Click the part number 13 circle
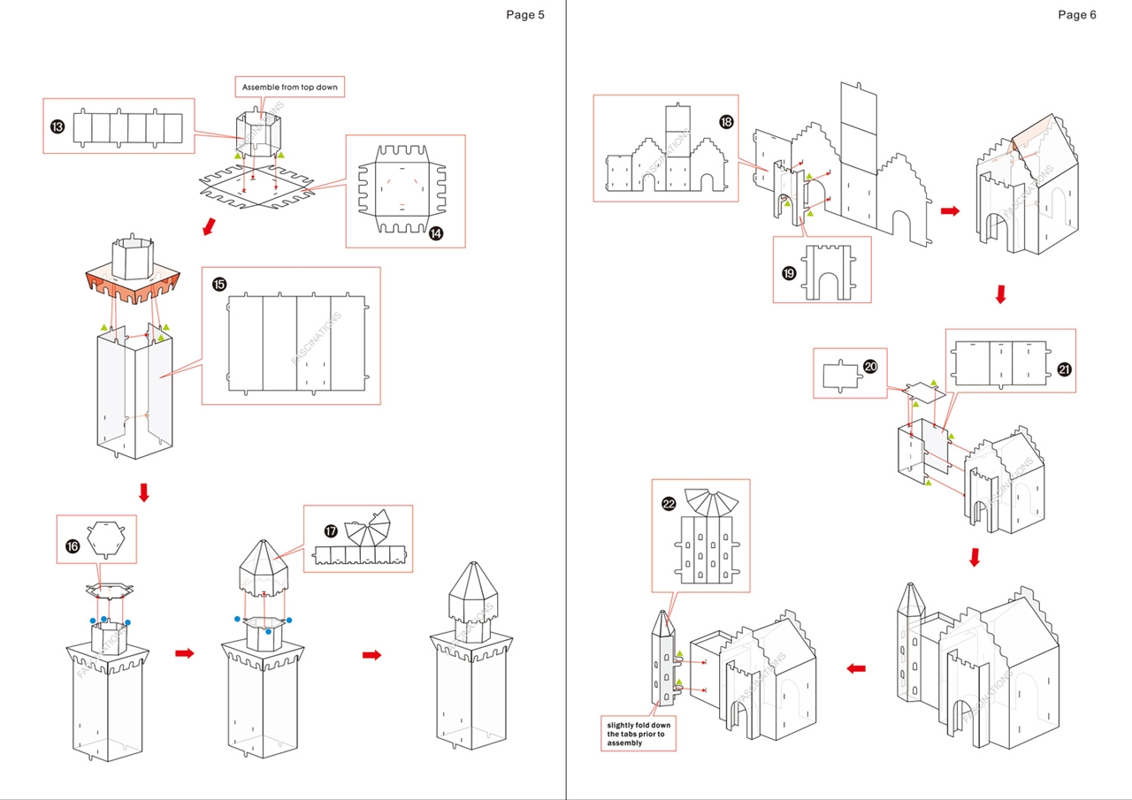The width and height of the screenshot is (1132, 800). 57,127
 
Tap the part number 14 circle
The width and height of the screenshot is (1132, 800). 436,233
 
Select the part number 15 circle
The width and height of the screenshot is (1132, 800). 219,284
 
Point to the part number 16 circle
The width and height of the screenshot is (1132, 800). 73,546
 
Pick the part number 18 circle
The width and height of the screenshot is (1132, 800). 726,122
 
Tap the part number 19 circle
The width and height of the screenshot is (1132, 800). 790,273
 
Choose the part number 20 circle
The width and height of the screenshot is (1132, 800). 870,366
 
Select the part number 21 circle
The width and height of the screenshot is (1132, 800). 1064,370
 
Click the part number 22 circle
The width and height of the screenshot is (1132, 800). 669,503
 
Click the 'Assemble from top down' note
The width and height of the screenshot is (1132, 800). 290,88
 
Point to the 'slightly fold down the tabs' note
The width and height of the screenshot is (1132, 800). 639,733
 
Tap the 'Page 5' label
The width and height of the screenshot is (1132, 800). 525,14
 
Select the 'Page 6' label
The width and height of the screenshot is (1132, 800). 1076,14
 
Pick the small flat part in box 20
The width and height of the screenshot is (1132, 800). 840,375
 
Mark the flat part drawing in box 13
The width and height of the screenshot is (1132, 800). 126,127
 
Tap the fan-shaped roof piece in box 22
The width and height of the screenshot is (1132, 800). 712,500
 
